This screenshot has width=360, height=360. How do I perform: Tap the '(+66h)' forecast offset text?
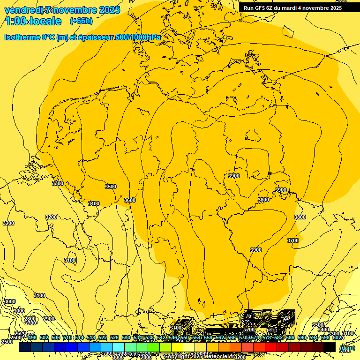[81, 21]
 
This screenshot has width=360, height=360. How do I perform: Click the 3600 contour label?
[130, 200]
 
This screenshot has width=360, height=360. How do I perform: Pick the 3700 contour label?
[293, 240]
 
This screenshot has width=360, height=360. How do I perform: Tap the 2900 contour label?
[49, 319]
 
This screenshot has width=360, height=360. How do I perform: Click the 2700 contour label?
[30, 323]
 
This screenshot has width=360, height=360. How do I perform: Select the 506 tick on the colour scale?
[55, 338]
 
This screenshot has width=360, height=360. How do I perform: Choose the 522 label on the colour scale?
[103, 338]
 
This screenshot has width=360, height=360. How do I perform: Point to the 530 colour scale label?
[126, 338]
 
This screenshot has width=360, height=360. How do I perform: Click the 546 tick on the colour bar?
[173, 338]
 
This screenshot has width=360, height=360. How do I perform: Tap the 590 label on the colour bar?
[302, 338]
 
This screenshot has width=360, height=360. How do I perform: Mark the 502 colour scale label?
[44, 338]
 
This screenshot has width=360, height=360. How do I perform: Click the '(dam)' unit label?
[347, 348]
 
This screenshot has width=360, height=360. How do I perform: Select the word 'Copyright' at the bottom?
[177, 357]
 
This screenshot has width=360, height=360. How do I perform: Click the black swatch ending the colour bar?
[330, 347]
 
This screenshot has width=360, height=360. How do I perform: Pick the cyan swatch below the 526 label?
[119, 347]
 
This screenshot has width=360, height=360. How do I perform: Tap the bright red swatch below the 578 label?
[271, 347]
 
